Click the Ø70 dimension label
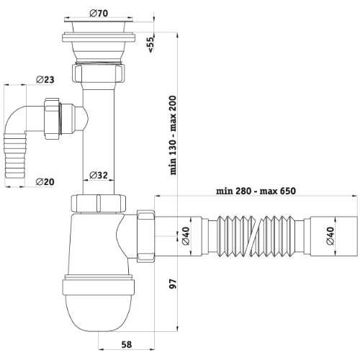99,13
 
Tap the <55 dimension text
150,45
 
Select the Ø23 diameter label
45,79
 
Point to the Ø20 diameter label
45,181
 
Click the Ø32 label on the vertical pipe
99,175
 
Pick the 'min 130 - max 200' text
173,135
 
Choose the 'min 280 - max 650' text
256,191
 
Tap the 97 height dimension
173,284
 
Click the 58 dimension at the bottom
127,345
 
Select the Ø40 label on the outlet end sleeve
330,235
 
